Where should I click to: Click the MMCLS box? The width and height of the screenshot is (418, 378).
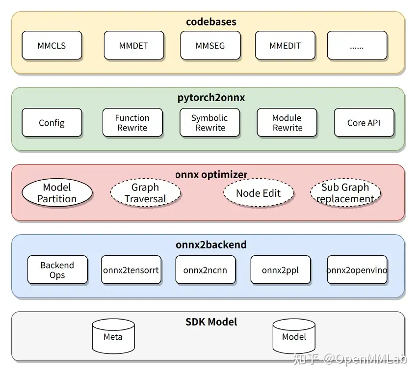click(52, 46)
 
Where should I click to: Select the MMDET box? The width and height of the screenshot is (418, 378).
click(133, 46)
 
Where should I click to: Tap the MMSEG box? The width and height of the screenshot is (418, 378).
click(210, 46)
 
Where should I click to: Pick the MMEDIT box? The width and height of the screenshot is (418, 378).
click(285, 46)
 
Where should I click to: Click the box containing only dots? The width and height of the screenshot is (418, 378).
click(357, 46)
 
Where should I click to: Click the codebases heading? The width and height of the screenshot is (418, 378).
click(211, 22)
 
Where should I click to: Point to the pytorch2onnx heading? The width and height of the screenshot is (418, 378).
click(211, 98)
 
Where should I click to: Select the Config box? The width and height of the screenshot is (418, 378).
click(52, 123)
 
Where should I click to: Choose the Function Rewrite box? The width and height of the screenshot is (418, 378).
click(132, 123)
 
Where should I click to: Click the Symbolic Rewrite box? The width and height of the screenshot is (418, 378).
click(209, 123)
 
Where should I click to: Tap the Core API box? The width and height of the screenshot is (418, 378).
click(364, 123)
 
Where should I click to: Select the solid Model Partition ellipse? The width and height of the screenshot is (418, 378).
click(57, 192)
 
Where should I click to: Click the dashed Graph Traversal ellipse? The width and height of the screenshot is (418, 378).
click(145, 193)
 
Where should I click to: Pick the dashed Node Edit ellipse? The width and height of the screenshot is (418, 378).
click(258, 193)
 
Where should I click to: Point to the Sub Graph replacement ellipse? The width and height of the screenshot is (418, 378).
click(345, 193)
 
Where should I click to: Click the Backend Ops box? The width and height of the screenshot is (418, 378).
click(57, 270)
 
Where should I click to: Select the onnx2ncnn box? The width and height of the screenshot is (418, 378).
click(205, 270)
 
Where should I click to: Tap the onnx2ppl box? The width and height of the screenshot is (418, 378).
click(280, 270)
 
